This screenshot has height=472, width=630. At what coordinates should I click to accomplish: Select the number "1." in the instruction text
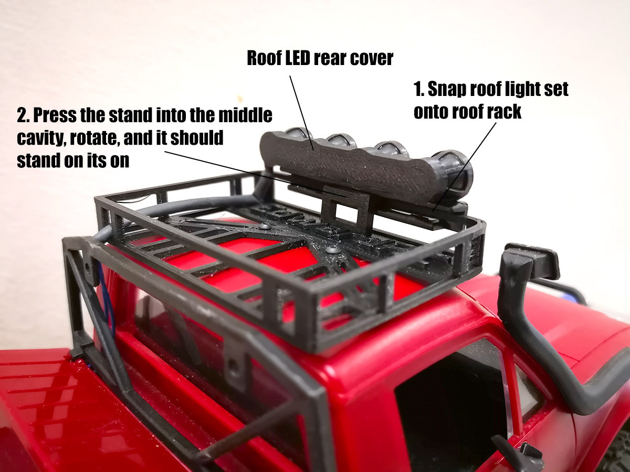point(419,90)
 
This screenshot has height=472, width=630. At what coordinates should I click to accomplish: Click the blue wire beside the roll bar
point(108,304)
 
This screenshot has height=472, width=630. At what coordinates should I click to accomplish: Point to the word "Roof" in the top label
point(264,58)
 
